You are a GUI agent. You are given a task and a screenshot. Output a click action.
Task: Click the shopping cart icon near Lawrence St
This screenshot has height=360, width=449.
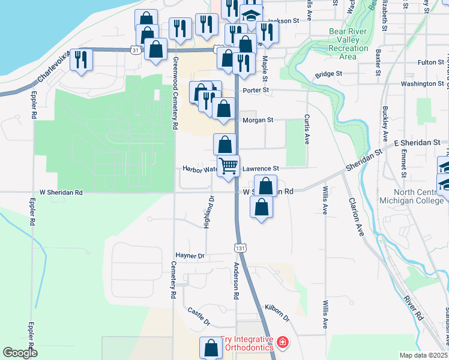tap(228, 165)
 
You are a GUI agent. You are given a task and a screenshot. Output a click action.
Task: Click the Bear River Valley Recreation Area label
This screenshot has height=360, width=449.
tap(348, 44)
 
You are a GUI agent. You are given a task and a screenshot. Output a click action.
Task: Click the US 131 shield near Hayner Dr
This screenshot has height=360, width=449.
tap(240, 247)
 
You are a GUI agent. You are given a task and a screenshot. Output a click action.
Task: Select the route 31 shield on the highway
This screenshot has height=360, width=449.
tap(136, 51)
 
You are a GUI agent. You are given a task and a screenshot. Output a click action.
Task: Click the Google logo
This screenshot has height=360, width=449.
tap(20, 353)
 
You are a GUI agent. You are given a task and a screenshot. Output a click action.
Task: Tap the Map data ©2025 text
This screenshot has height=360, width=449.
tap(423, 355)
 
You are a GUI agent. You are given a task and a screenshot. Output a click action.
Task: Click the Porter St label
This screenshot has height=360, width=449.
tap(253, 91)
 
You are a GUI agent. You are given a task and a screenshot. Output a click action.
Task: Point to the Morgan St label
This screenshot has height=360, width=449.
tap(258, 120)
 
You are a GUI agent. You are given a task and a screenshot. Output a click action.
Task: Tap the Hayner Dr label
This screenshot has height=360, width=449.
tap(190, 256)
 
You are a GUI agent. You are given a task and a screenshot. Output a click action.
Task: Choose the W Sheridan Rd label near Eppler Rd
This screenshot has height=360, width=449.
tap(61, 193)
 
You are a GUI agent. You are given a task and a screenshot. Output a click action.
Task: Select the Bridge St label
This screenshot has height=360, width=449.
tap(328, 74)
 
